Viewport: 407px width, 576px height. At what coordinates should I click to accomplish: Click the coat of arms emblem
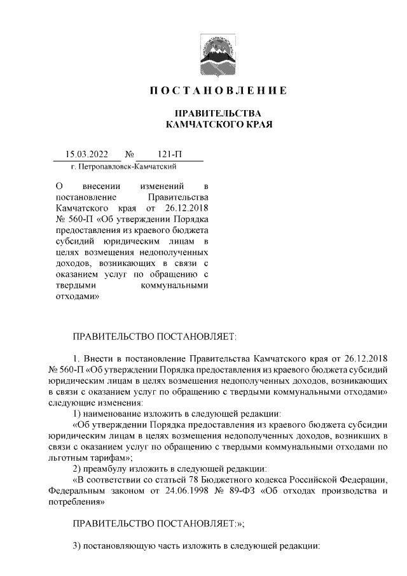218,53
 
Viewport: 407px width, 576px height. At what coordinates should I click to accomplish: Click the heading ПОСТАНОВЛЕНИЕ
218,91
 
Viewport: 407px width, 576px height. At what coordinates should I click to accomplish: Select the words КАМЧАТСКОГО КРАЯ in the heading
218,124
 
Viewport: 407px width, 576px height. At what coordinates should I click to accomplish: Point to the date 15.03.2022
87,155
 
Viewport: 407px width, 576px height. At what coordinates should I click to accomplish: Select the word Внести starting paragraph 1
102,353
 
